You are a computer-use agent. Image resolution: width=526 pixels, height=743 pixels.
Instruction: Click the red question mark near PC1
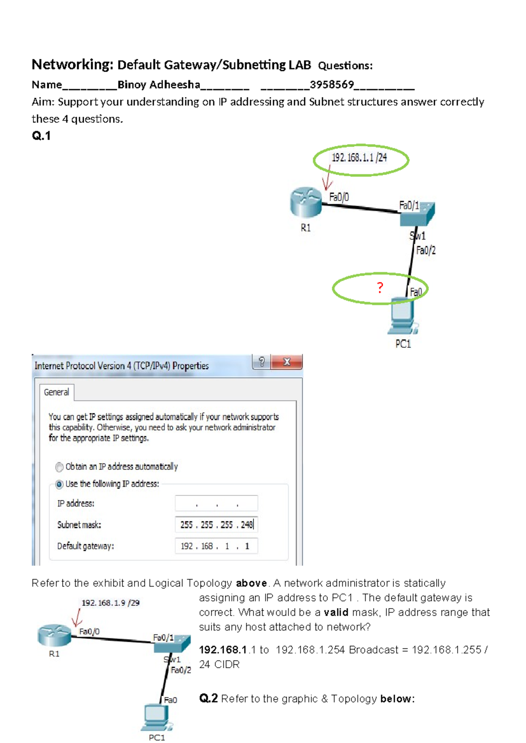[x=380, y=288]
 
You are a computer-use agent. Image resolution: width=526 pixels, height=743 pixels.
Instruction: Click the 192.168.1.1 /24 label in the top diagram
[x=359, y=158]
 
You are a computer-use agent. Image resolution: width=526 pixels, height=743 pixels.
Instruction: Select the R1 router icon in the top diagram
[x=306, y=202]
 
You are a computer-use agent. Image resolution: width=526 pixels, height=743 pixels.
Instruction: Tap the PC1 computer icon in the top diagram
[x=402, y=316]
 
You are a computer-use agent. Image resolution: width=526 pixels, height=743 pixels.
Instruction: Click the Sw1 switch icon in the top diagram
[x=418, y=214]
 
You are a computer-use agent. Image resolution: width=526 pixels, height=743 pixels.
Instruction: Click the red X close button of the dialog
[x=287, y=362]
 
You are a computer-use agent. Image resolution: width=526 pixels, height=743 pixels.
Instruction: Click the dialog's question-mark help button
[x=261, y=362]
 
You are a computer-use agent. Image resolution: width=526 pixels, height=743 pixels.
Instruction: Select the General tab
[x=57, y=392]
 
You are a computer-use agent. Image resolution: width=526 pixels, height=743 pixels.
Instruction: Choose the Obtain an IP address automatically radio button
[x=59, y=467]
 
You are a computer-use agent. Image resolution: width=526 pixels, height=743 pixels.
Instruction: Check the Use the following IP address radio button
[x=59, y=485]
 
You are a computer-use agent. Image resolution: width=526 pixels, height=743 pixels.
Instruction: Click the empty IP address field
[x=216, y=503]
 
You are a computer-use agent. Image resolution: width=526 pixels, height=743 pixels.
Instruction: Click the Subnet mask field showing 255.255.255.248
[x=216, y=525]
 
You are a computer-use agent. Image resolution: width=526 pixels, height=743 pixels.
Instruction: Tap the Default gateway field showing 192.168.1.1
[x=216, y=546]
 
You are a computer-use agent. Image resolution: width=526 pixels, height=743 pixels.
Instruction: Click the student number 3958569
[x=331, y=85]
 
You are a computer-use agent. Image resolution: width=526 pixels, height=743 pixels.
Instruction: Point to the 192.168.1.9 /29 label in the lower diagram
[x=110, y=603]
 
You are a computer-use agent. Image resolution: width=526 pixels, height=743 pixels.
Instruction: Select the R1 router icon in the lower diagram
[x=54, y=635]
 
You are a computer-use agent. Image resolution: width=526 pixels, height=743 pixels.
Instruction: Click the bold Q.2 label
[x=208, y=698]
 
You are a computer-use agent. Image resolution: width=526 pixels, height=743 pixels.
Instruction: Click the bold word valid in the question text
[x=336, y=612]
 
